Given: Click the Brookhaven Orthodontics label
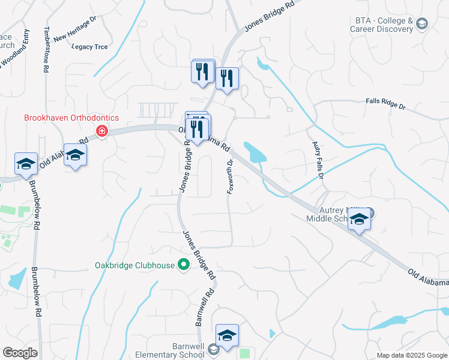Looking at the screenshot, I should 71,118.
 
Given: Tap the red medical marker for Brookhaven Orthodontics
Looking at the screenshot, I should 102,131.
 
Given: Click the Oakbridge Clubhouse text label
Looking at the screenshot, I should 134,265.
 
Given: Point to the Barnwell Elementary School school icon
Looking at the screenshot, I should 228,335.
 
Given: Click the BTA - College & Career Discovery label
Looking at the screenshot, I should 382,24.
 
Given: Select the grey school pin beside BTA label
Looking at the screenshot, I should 421,23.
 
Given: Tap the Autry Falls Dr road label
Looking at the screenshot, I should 318,160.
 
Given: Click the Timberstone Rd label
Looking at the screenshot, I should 46,50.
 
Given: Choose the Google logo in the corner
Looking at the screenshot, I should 20,353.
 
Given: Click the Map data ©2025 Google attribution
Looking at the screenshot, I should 412,355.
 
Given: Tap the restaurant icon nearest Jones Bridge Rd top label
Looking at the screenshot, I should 227,79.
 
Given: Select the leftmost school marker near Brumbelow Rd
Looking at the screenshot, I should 26,164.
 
